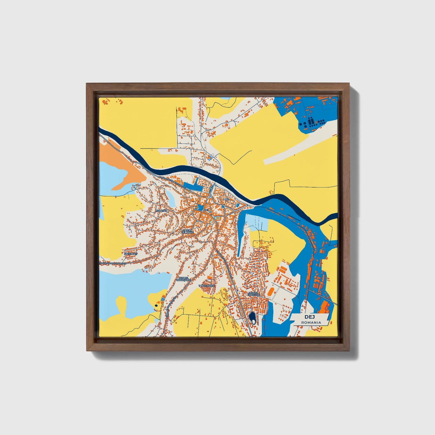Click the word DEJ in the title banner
click(x=309, y=317)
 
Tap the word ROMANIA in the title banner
click(x=311, y=322)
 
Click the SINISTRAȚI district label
click(x=131, y=254)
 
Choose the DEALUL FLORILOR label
click(x=253, y=294)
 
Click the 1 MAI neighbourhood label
click(x=226, y=200)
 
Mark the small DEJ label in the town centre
click(x=207, y=210)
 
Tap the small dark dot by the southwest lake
click(x=156, y=305)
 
